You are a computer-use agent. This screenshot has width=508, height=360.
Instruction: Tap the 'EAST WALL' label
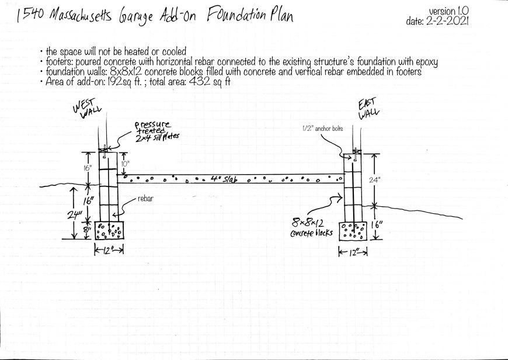click(x=368, y=109)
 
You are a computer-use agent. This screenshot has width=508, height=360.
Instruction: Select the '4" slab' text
click(x=223, y=179)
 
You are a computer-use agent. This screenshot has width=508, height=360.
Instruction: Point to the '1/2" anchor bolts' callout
click(x=322, y=129)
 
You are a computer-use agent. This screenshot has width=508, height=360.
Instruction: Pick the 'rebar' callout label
click(x=145, y=199)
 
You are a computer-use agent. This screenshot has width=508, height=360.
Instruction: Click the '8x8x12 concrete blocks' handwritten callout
click(x=311, y=228)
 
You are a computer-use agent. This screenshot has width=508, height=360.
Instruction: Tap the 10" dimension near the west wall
click(x=126, y=164)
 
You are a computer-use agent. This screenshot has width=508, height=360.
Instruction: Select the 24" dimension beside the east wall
click(x=374, y=181)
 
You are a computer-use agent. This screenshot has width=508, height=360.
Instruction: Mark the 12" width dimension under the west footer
click(x=109, y=250)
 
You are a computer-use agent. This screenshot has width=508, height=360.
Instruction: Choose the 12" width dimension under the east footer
click(x=353, y=252)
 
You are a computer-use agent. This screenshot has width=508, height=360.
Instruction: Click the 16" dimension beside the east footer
click(x=377, y=225)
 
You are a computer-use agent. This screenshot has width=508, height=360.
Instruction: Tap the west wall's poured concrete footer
click(x=109, y=231)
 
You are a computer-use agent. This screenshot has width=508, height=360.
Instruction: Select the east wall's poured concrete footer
click(x=353, y=231)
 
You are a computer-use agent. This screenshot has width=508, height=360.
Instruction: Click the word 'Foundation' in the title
click(x=235, y=14)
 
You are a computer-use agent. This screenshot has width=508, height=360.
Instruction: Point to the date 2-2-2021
click(x=447, y=22)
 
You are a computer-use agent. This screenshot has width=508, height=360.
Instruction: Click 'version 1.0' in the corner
click(x=448, y=11)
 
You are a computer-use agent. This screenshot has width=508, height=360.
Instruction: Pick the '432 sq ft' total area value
click(x=209, y=81)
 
